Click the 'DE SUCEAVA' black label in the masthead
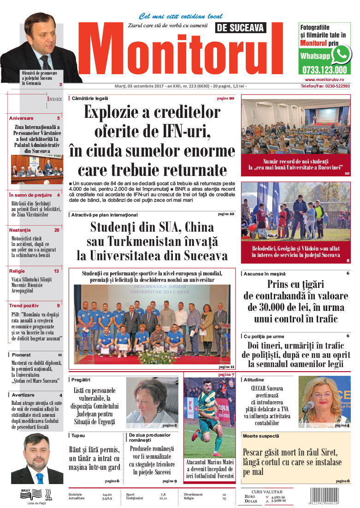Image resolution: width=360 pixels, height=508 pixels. point(241,29)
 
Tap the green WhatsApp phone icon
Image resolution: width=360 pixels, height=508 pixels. point(341,55)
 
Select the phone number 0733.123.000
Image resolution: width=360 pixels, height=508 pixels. point(325,70)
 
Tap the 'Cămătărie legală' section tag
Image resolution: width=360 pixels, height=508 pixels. point(90,98)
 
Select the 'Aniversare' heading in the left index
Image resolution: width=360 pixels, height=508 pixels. point(21,118)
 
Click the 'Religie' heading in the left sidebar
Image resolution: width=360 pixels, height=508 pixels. point(17,271)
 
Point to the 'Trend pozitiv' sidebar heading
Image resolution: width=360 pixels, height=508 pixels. point(23,305)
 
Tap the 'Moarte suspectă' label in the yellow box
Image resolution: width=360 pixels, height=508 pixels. point(261,436)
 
